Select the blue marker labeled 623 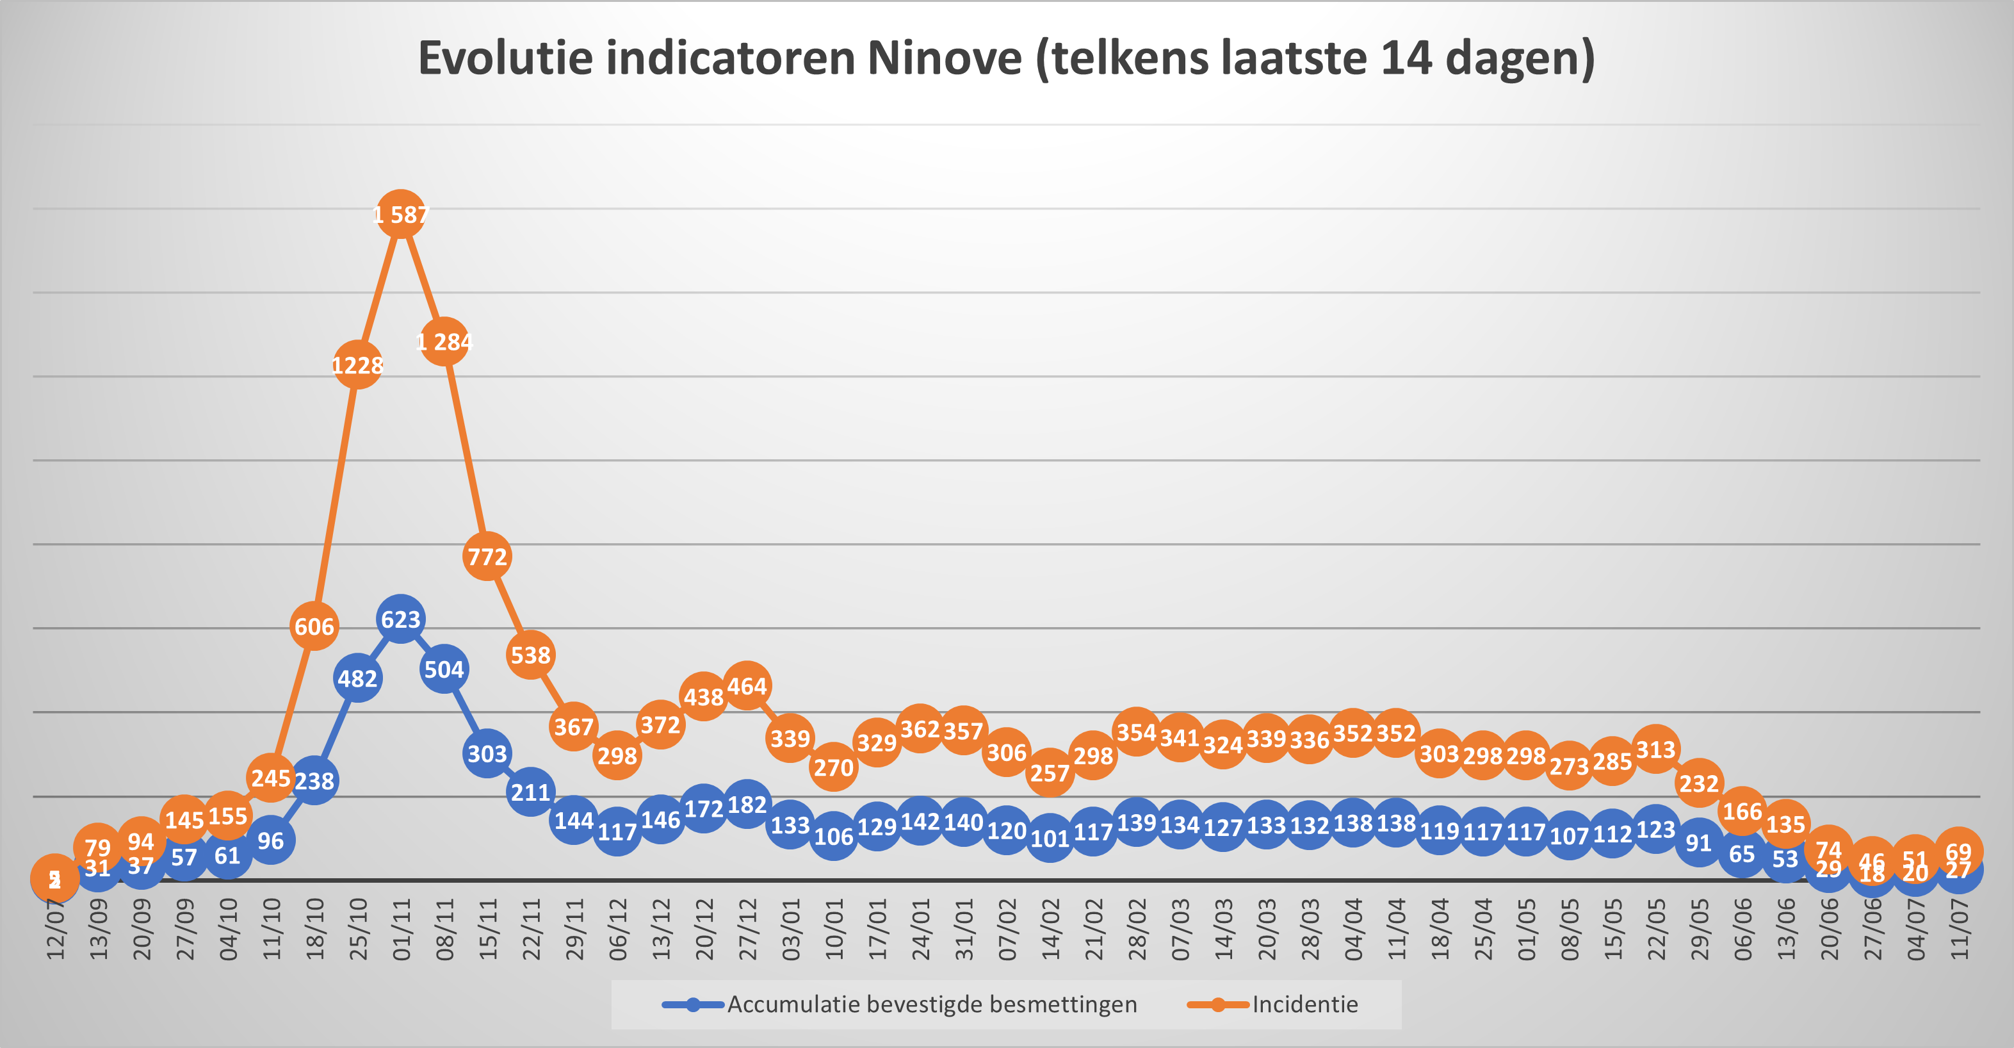pyautogui.click(x=400, y=619)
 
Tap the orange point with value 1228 pyautogui.click(x=357, y=364)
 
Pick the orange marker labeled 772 pyautogui.click(x=487, y=556)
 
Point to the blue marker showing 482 pyautogui.click(x=357, y=678)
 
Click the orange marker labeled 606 pyautogui.click(x=314, y=626)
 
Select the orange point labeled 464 pyautogui.click(x=747, y=686)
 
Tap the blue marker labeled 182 pyautogui.click(x=747, y=804)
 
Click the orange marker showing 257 pyautogui.click(x=1049, y=773)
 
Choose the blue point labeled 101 pyautogui.click(x=1049, y=839)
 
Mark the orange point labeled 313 pyautogui.click(x=1655, y=749)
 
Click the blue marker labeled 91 pyautogui.click(x=1698, y=842)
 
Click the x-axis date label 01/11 pyautogui.click(x=401, y=929)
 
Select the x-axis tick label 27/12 pyautogui.click(x=747, y=929)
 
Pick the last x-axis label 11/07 pyautogui.click(x=1958, y=929)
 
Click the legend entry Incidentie pyautogui.click(x=1304, y=1004)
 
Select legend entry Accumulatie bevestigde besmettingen pyautogui.click(x=931, y=1004)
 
